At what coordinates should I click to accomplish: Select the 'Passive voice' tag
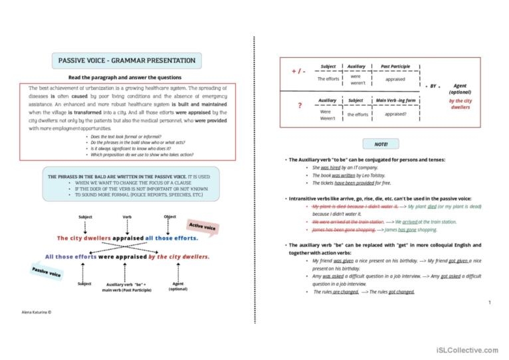(x=47, y=272)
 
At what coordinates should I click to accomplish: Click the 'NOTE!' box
(x=381, y=143)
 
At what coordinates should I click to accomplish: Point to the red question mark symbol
(x=300, y=106)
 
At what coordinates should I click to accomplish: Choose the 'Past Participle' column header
(x=395, y=66)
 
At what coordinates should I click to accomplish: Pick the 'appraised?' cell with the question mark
(x=395, y=114)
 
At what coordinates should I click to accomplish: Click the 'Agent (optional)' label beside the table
(x=460, y=90)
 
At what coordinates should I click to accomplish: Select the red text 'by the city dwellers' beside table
(x=460, y=104)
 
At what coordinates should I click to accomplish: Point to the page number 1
(x=489, y=303)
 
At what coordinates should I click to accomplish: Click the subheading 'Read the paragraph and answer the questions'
(x=127, y=77)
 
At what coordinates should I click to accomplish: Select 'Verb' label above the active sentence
(x=127, y=217)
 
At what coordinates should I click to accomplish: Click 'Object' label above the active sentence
(x=169, y=217)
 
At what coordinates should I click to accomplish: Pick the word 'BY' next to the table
(x=433, y=86)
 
